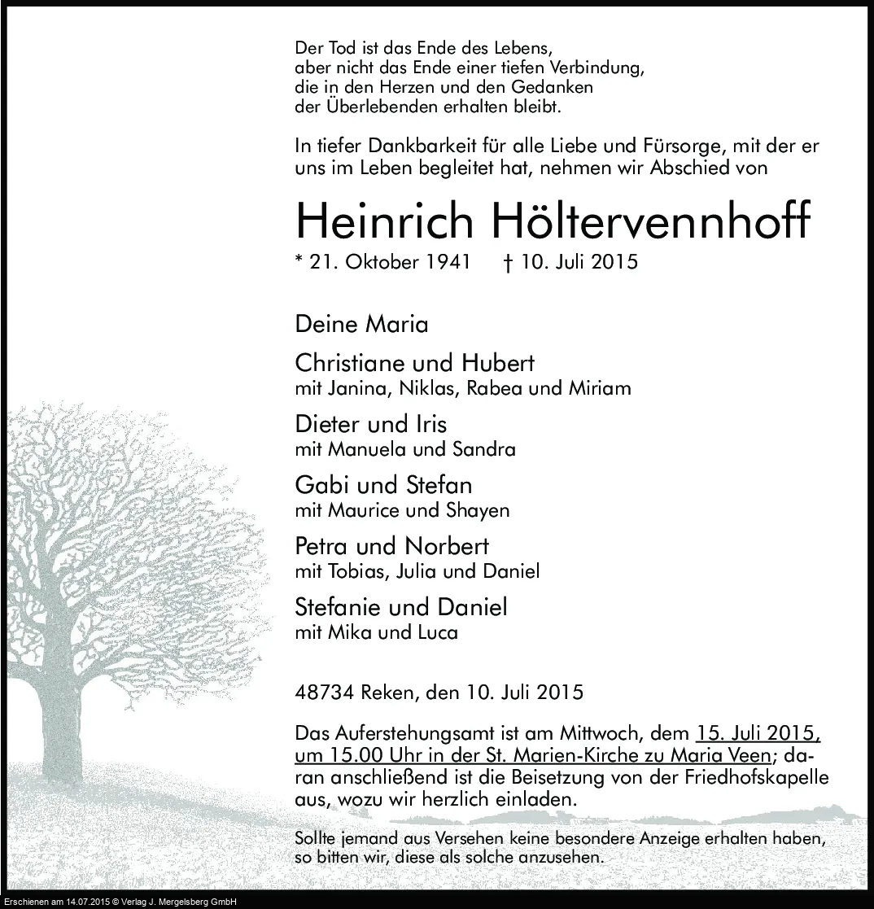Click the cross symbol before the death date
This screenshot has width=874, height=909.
coord(509,262)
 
